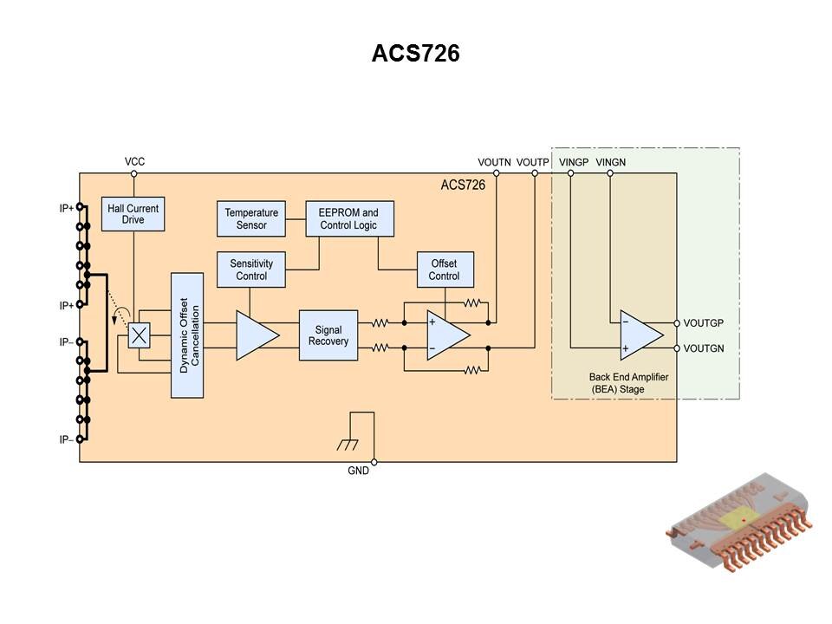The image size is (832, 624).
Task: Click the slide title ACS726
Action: (x=415, y=54)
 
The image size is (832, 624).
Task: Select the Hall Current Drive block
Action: (x=133, y=214)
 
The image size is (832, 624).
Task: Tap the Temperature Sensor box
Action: (x=251, y=218)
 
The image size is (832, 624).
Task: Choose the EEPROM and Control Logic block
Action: (x=348, y=218)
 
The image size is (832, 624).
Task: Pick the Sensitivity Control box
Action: (x=251, y=270)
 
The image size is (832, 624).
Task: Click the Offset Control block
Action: (x=444, y=270)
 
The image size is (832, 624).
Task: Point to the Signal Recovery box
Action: (x=328, y=335)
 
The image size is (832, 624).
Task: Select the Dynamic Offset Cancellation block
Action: (x=187, y=335)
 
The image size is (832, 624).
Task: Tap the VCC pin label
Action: (x=134, y=162)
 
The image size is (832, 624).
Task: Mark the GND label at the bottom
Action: (x=358, y=471)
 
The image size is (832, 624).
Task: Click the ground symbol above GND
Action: (x=348, y=445)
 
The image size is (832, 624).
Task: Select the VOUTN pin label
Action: (x=495, y=162)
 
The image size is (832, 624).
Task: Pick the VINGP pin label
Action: (x=574, y=162)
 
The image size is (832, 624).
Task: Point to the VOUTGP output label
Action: (x=703, y=323)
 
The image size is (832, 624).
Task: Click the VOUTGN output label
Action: (x=703, y=348)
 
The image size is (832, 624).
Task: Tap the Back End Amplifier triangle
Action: (x=638, y=335)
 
